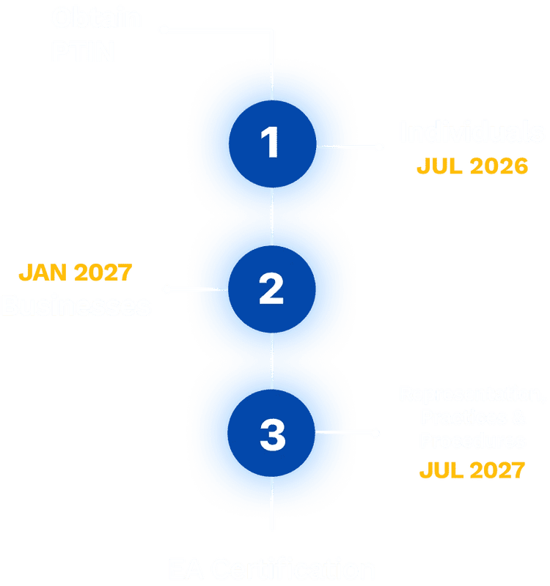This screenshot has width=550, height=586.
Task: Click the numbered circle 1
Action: (x=272, y=142)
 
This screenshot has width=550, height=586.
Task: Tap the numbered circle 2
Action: (x=272, y=289)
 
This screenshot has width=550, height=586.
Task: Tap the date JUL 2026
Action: (x=472, y=166)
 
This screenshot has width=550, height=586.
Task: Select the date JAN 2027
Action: (x=76, y=273)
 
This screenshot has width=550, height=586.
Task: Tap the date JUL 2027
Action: (x=472, y=470)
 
